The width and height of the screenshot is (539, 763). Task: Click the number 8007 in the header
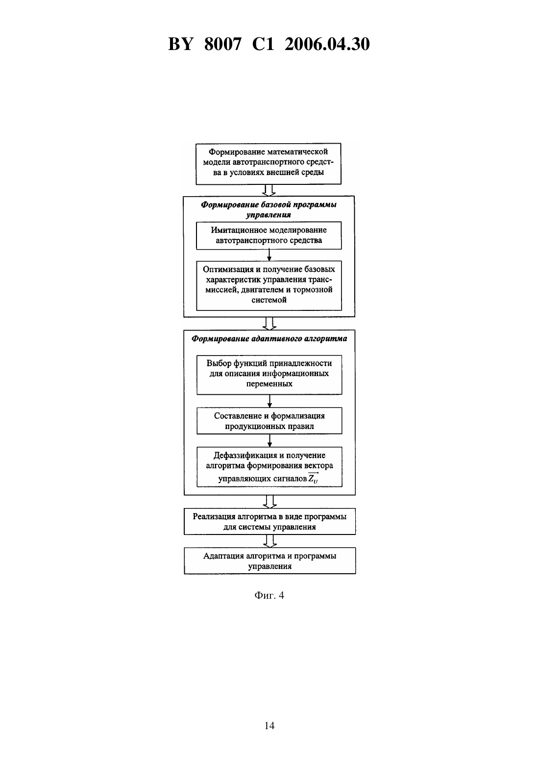click(223, 44)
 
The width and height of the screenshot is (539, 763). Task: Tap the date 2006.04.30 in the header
click(327, 44)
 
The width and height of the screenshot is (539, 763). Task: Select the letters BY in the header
click(181, 44)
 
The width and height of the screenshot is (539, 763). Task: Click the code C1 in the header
click(263, 44)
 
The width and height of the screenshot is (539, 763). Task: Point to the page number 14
click(269, 726)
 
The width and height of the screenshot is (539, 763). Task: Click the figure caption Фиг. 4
click(269, 595)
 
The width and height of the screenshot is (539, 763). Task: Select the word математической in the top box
click(297, 152)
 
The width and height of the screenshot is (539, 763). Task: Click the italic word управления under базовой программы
click(269, 215)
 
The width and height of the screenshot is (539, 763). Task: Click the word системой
click(269, 300)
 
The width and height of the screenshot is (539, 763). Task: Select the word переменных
click(269, 384)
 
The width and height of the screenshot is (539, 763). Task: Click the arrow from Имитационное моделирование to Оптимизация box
click(269, 255)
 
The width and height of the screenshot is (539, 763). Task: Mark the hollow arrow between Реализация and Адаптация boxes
click(269, 541)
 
